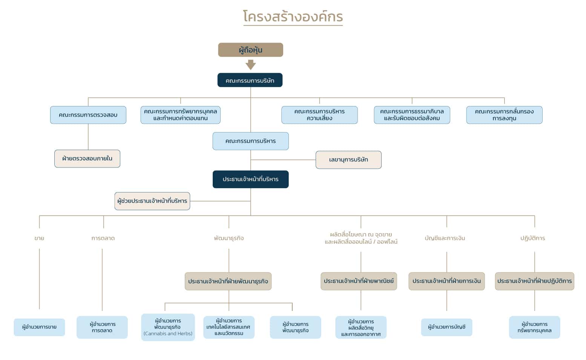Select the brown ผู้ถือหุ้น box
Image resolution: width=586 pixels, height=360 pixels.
pyautogui.click(x=250, y=50)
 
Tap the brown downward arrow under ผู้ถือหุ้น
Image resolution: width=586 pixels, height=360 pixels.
pyautogui.click(x=251, y=65)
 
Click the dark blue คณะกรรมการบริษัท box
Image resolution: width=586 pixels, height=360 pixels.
pyautogui.click(x=250, y=80)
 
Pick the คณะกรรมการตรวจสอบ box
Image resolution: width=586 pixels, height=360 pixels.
pyautogui.click(x=88, y=115)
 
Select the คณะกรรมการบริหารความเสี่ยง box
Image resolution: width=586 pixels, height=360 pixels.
pyautogui.click(x=319, y=115)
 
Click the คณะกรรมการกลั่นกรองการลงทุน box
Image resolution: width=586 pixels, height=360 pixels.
pyautogui.click(x=505, y=115)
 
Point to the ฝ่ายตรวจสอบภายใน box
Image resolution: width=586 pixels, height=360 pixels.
pyautogui.click(x=87, y=158)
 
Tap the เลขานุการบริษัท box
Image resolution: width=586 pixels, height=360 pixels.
pyautogui.click(x=348, y=160)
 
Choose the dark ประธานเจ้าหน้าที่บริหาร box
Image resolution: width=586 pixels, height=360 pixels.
pyautogui.click(x=251, y=179)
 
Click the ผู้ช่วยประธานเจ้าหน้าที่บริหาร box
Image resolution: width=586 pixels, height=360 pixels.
pyautogui.click(x=152, y=201)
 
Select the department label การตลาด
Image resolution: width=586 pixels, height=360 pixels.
pyautogui.click(x=103, y=238)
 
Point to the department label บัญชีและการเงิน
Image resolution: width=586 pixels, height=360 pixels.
pyautogui.click(x=445, y=238)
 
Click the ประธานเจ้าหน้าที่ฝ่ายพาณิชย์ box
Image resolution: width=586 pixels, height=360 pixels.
pyautogui.click(x=359, y=281)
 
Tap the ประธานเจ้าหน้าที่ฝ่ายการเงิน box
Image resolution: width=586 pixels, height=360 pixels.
pyautogui.click(x=446, y=281)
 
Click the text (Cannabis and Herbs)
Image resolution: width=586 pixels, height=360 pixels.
pyautogui.click(x=168, y=334)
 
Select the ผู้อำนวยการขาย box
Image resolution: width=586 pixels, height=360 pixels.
pyautogui.click(x=39, y=327)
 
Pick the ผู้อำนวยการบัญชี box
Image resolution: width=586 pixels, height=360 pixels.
pyautogui.click(x=446, y=327)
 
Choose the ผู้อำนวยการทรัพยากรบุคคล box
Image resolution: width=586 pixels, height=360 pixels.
pyautogui.click(x=534, y=327)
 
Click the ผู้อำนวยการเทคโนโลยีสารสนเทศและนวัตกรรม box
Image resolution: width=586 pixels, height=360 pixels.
pyautogui.click(x=229, y=327)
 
